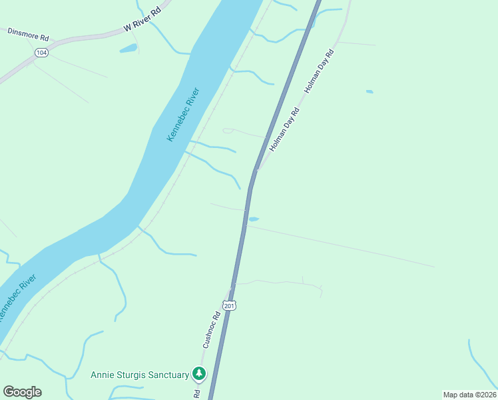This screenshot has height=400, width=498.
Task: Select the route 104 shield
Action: (x=42, y=51)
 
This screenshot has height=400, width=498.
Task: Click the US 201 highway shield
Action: (x=229, y=305)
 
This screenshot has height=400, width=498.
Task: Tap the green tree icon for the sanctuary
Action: (x=198, y=374)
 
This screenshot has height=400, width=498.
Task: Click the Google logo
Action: (x=22, y=392)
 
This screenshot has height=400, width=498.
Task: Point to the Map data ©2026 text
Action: (x=469, y=395)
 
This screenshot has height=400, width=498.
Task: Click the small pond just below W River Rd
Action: (x=128, y=48)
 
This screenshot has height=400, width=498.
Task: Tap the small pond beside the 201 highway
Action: (x=253, y=219)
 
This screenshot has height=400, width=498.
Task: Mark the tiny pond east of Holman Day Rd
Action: (x=370, y=91)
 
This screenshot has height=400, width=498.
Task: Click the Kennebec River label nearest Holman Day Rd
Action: (x=183, y=114)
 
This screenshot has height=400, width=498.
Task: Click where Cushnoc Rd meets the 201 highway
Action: (x=231, y=291)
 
